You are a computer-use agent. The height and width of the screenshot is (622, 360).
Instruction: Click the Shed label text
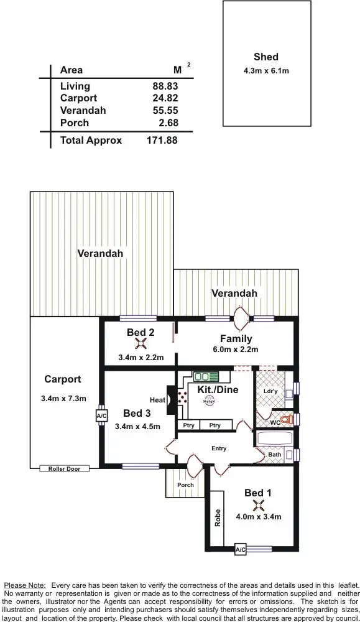point(266,57)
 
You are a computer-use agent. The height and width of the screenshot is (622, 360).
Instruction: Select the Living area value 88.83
point(165,86)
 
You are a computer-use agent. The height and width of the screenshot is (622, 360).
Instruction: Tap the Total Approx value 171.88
point(162,141)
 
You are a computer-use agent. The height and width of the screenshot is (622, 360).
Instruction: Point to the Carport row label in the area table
point(78,98)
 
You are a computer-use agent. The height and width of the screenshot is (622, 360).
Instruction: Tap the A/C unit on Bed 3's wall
point(101,416)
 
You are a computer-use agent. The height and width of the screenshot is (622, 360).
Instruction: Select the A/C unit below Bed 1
point(240,550)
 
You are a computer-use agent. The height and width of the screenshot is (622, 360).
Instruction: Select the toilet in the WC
point(285,420)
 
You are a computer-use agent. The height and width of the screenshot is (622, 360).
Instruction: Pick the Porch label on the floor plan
point(185,485)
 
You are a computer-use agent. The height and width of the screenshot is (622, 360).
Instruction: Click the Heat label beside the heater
point(157,400)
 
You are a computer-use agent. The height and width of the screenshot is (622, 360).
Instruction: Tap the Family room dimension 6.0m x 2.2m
point(236,350)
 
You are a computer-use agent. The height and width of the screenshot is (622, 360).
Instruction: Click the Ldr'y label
point(270,391)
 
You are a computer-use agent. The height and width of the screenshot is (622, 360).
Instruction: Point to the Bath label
point(274,455)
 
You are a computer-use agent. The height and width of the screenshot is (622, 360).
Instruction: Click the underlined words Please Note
point(25,585)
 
